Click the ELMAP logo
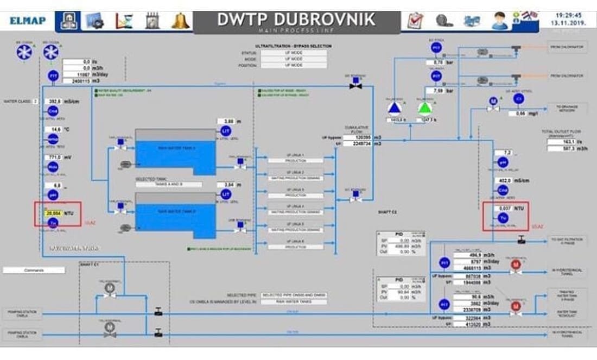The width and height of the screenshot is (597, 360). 28,21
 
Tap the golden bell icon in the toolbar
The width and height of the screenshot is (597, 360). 181,21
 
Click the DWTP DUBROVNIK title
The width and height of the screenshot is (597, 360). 296,19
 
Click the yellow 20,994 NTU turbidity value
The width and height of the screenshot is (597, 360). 54,213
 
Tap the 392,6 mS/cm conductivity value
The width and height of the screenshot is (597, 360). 54,102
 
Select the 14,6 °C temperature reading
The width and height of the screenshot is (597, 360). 54,129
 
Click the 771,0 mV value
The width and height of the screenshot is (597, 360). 54,157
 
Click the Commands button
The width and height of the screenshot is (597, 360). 33,270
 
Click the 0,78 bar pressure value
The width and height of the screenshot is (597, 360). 435,62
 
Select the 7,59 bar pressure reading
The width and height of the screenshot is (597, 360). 435,91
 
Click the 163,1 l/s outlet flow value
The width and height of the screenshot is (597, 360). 557,142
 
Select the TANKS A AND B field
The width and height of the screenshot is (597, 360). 168,185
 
